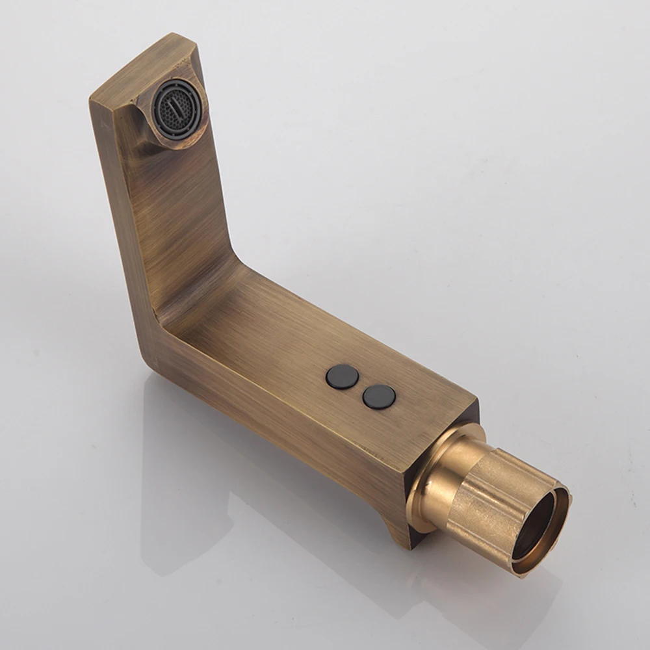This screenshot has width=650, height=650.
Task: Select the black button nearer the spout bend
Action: (x=343, y=377)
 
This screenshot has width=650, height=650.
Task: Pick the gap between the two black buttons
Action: (x=361, y=387)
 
